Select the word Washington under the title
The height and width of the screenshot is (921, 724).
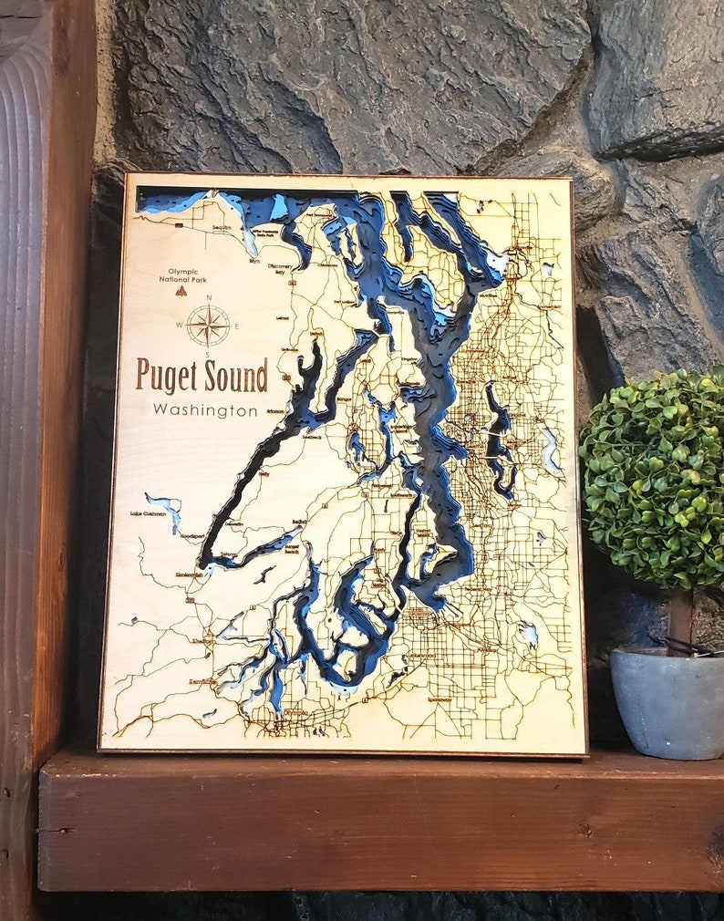(x=205, y=410)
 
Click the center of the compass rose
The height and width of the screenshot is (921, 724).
(x=209, y=326)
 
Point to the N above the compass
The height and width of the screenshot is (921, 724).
(x=209, y=297)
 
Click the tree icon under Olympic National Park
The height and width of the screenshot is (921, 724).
(x=180, y=292)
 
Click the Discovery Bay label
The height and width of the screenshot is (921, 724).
(x=281, y=266)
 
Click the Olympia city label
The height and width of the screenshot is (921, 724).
(x=294, y=712)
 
